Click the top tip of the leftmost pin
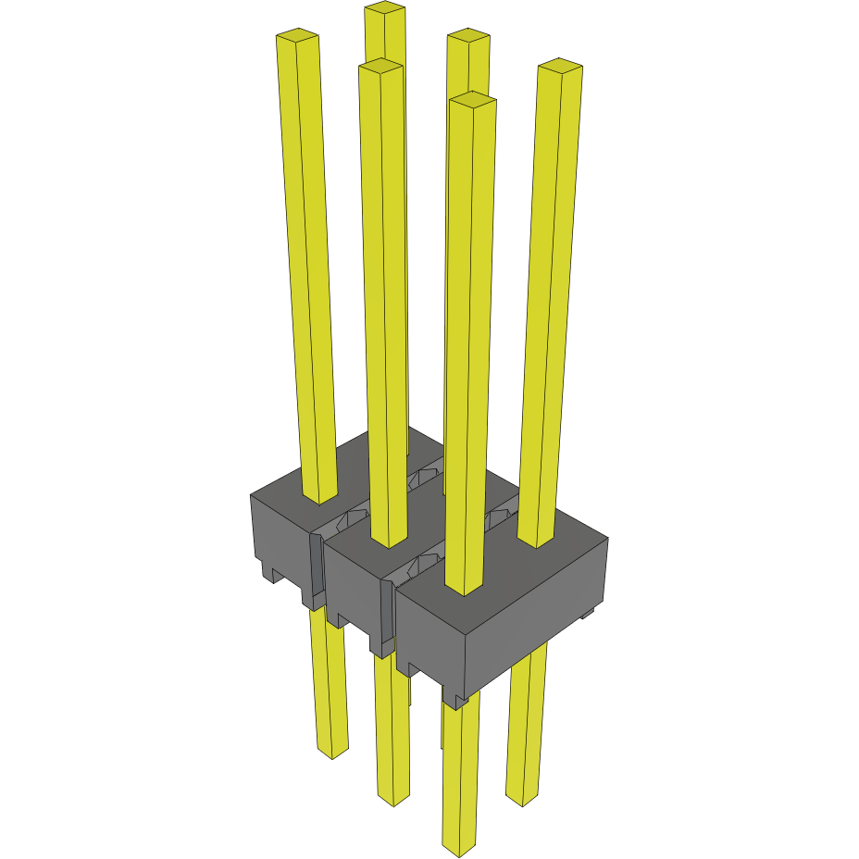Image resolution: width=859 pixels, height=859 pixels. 297,37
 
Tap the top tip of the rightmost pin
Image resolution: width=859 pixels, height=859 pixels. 560,66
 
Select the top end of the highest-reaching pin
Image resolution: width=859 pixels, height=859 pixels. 384,8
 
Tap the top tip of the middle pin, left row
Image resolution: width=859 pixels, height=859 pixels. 380,67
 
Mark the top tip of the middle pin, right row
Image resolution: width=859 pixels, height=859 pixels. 467,37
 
